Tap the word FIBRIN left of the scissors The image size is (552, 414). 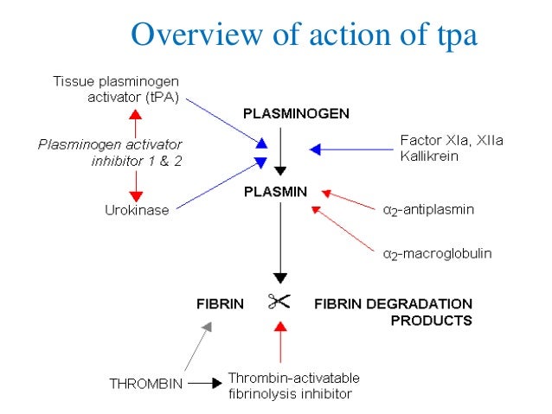click(x=220, y=304)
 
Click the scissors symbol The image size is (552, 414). click(x=279, y=303)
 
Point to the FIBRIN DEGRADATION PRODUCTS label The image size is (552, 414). click(x=393, y=311)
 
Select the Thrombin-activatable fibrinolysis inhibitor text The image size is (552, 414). click(x=293, y=385)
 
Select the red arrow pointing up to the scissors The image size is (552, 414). click(x=279, y=345)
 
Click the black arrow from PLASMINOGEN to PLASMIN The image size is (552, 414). click(x=279, y=152)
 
